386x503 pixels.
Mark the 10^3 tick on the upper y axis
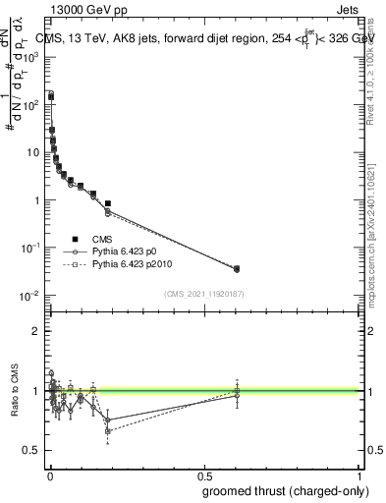click(x=31, y=57)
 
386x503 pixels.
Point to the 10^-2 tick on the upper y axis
click(x=30, y=296)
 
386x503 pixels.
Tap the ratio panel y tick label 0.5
click(x=33, y=450)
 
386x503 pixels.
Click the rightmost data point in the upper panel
click(x=236, y=268)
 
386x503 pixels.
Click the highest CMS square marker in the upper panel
click(x=51, y=96)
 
